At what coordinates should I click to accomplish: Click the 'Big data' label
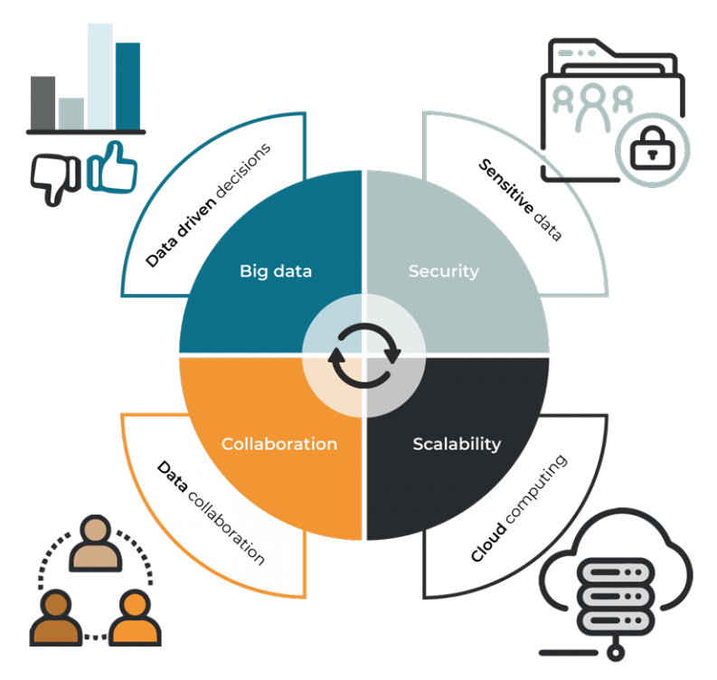[x=276, y=271]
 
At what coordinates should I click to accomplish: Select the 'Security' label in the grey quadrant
[x=444, y=271]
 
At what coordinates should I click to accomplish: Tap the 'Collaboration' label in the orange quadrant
[x=279, y=444]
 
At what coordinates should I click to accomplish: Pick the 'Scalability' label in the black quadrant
[x=457, y=444]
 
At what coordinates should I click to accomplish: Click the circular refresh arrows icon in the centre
[x=364, y=355]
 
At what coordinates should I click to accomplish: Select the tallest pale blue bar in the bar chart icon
[x=100, y=76]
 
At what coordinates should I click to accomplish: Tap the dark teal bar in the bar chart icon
[x=128, y=87]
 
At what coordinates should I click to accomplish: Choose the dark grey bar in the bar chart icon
[x=43, y=103]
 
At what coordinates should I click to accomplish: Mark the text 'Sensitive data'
[x=521, y=200]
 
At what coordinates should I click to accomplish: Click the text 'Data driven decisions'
[x=208, y=205]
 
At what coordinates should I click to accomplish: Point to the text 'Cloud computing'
[x=519, y=508]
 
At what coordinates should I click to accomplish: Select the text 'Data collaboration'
[x=211, y=513]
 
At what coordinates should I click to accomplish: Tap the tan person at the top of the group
[x=96, y=543]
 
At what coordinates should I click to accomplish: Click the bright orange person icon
[x=135, y=618]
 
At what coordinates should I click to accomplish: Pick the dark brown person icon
[x=56, y=618]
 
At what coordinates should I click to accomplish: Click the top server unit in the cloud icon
[x=616, y=571]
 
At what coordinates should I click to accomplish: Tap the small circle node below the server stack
[x=616, y=653]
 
